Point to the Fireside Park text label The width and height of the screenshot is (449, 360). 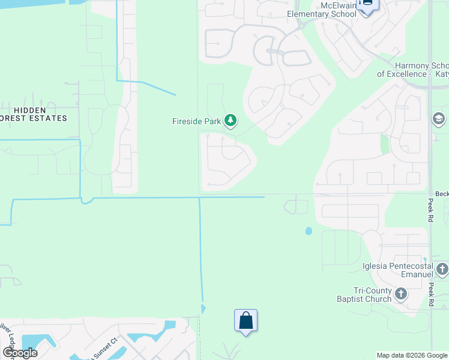coord(196,121)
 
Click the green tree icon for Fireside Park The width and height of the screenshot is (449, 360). coord(230,121)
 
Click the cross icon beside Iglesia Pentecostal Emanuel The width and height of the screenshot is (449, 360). coord(442,271)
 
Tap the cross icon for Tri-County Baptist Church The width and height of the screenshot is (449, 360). coord(400,295)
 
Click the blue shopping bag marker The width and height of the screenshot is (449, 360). coord(246,320)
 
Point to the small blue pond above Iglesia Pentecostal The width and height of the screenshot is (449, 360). coord(309,231)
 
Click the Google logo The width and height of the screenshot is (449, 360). coord(20,353)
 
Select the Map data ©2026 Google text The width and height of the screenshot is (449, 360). coord(412,355)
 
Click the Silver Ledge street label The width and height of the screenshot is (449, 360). coord(8,344)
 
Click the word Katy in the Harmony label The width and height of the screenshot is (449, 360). coord(442,74)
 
